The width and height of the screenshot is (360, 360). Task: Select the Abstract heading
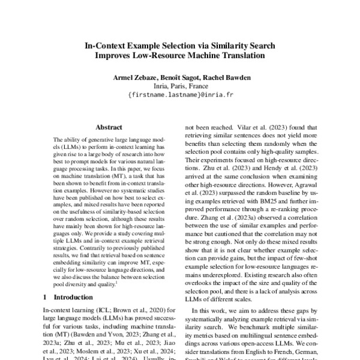(109, 127)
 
